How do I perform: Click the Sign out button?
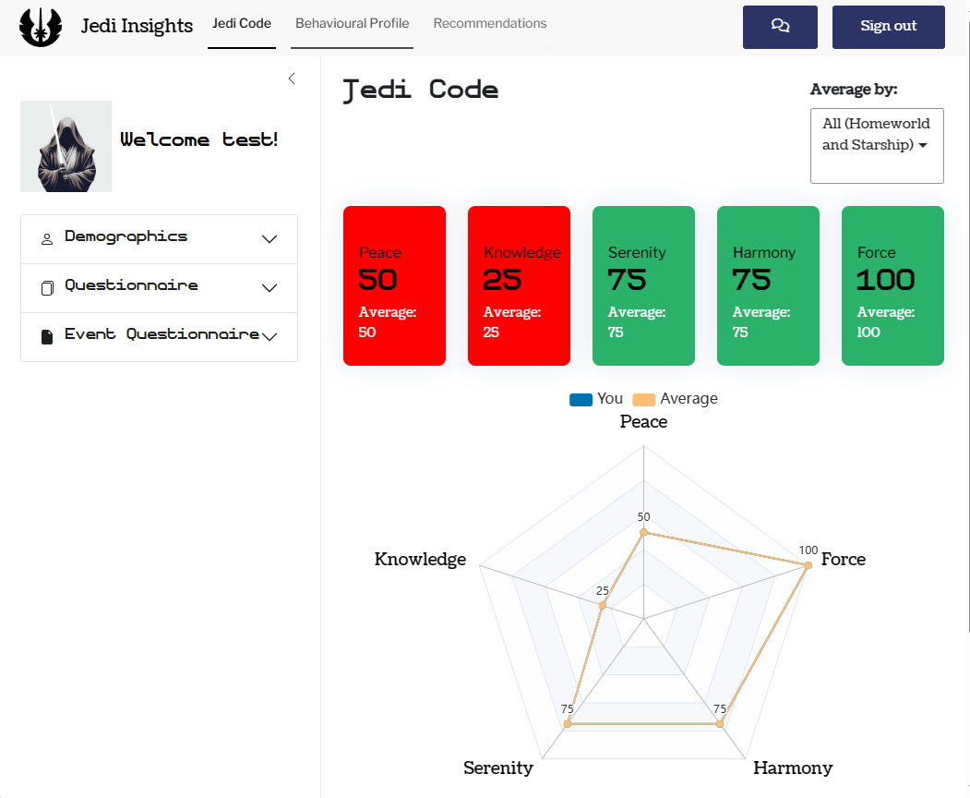tap(888, 27)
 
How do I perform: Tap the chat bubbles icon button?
tap(780, 27)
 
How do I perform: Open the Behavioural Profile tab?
tap(352, 24)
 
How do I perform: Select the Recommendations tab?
tap(489, 24)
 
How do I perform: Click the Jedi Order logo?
tap(41, 27)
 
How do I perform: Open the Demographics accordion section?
tap(159, 238)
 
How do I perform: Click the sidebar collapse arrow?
tap(292, 79)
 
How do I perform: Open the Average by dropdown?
tap(876, 145)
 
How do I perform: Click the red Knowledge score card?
tap(519, 285)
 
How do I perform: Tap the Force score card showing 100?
tap(892, 285)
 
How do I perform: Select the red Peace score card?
tap(394, 285)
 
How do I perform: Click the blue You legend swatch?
tap(581, 400)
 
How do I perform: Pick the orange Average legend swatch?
tap(644, 400)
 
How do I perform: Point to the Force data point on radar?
tap(808, 564)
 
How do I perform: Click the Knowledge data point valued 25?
tap(603, 606)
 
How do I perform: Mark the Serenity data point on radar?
tap(568, 724)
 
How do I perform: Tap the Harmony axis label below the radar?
tap(793, 768)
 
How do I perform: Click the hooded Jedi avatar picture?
tap(66, 146)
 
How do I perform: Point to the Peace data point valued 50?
tap(644, 532)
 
